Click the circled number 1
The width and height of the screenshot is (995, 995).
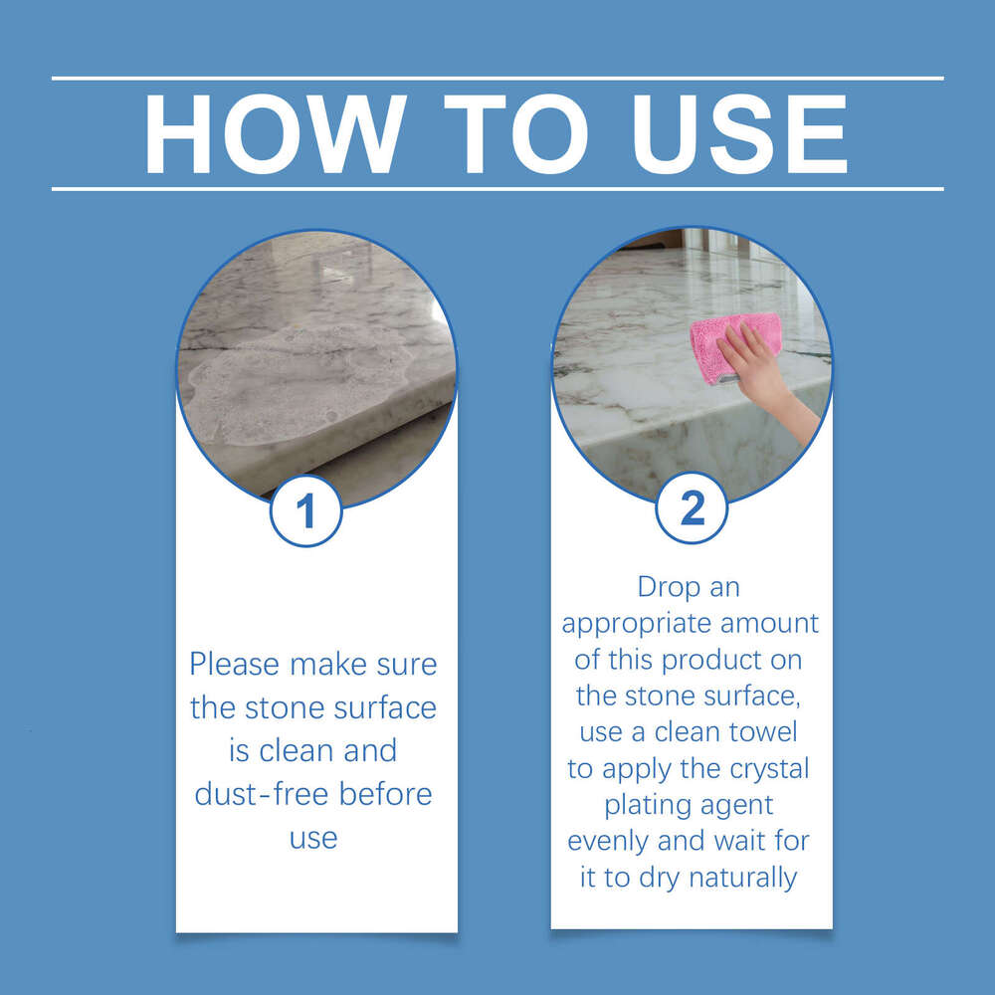coord(306,511)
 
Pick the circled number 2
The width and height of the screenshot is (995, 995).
coord(692,509)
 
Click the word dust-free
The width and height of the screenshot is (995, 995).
coord(263,795)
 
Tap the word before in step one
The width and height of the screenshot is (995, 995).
coord(386,795)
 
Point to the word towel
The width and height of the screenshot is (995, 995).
coord(763,732)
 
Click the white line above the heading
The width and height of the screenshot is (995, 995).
coord(497,78)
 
